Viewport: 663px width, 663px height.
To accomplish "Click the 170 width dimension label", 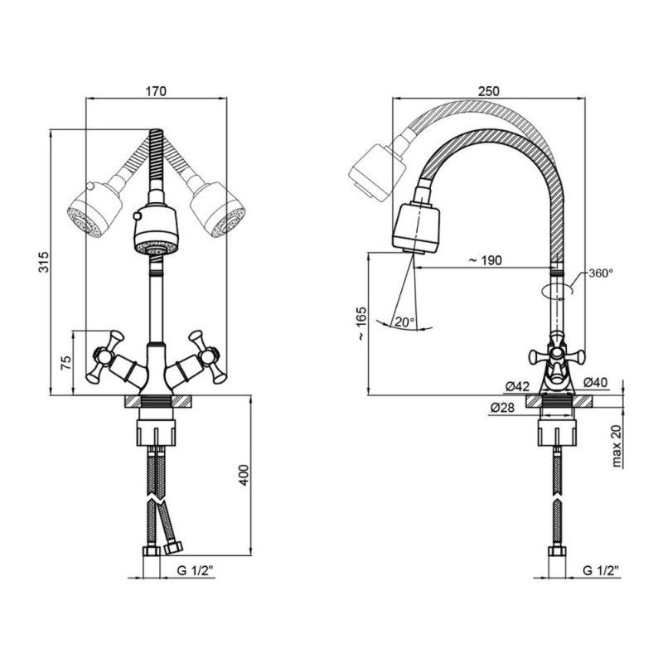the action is tap(156, 91).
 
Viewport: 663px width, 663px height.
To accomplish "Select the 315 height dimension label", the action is tap(44, 262).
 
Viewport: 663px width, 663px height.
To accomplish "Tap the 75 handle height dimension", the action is tap(66, 363).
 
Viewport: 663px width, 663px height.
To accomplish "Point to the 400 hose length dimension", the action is tap(244, 475).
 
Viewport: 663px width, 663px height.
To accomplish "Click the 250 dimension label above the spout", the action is tap(488, 91).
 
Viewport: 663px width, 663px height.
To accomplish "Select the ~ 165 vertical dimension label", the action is tap(361, 324).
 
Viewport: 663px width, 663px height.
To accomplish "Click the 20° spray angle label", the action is tap(404, 322).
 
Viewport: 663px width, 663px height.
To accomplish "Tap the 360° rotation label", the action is tap(601, 273).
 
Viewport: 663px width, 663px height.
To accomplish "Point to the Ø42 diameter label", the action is tap(517, 385).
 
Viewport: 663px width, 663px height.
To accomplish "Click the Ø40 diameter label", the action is tap(595, 382).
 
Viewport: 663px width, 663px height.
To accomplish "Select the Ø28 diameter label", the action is tap(502, 408).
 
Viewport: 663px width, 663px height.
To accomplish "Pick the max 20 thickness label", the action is tap(617, 446).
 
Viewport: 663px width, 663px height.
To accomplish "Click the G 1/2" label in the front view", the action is tap(196, 570).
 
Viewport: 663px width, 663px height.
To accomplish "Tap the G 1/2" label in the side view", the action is tap(600, 570).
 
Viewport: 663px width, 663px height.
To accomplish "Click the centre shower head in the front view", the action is tap(156, 230).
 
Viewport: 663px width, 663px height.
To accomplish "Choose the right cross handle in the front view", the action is tap(208, 356).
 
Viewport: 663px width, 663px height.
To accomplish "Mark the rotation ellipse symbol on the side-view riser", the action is tap(557, 292).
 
